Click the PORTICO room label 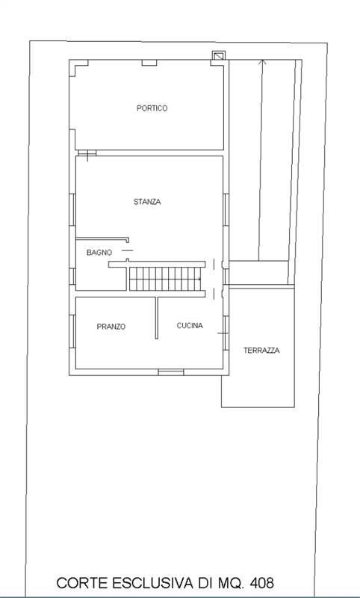click(x=152, y=108)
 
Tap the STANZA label click(x=147, y=202)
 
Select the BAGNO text click(x=99, y=253)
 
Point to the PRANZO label click(x=111, y=327)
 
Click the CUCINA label click(x=190, y=326)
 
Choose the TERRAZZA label click(x=261, y=350)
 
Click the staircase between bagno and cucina click(x=165, y=279)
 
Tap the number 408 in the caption click(x=261, y=583)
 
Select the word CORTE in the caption click(x=82, y=583)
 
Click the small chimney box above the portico click(x=219, y=55)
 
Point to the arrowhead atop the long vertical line click(x=261, y=62)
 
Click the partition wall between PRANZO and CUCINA click(x=156, y=318)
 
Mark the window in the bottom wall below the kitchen click(x=171, y=372)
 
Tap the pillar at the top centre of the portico click(x=149, y=63)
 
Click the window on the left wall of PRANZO click(x=72, y=331)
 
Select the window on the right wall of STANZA click(x=226, y=209)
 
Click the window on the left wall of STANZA click(x=72, y=209)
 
